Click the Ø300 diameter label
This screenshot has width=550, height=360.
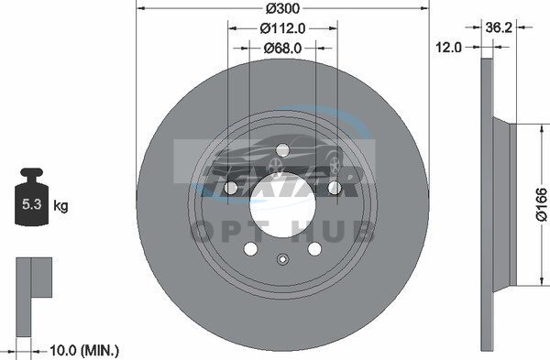pos(282,7)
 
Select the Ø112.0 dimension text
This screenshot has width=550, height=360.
pos(282,28)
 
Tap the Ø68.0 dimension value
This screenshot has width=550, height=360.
pos(282,48)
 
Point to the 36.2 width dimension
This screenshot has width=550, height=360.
pos(499,27)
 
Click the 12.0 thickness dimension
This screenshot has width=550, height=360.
pos(448,47)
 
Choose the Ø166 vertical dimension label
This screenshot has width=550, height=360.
pos(542,204)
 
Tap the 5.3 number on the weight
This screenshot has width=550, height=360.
pos(32,203)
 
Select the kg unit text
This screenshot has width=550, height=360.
pos(60,206)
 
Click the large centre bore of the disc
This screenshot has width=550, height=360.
pos(282,205)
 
